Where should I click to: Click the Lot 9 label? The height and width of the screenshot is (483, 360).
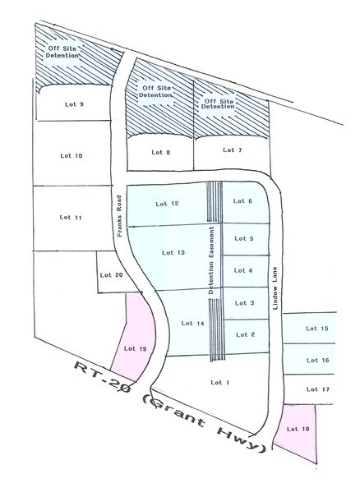coord(75,104)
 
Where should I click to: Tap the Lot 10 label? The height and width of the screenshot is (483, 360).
coord(73,155)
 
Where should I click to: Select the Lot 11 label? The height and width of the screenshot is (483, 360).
coord(72,217)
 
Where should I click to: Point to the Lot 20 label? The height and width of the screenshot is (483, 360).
coord(113,275)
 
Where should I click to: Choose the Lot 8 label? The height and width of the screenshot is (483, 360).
coord(161,152)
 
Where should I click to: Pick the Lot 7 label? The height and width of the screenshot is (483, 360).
coord(233,149)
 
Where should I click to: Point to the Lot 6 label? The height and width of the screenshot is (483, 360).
coord(243,201)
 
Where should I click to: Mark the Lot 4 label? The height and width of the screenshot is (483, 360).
coord(244,270)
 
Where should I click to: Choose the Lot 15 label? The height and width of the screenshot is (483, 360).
coord(317,329)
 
